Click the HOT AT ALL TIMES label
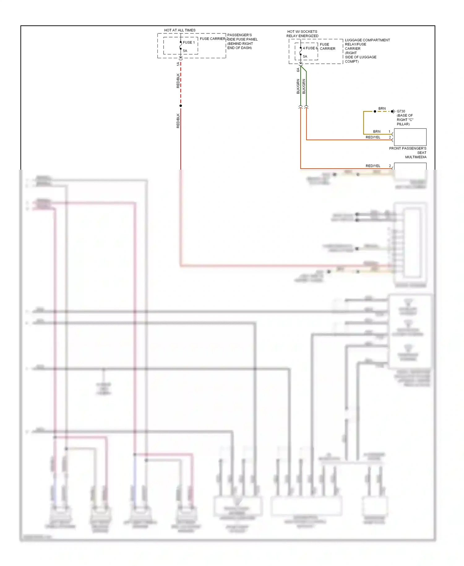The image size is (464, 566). (x=180, y=30)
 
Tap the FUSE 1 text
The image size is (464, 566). (x=189, y=42)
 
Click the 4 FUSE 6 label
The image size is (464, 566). (x=310, y=48)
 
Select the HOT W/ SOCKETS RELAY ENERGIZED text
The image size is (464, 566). (x=302, y=34)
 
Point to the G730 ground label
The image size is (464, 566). (x=401, y=111)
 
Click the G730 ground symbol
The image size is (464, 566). (x=393, y=111)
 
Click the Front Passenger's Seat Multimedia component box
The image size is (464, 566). (x=410, y=137)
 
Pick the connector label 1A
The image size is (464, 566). (x=178, y=64)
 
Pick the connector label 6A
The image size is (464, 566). (x=298, y=70)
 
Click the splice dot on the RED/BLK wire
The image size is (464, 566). (x=181, y=106)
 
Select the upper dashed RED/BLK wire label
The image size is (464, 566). (x=178, y=81)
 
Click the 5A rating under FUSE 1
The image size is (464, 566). (x=185, y=51)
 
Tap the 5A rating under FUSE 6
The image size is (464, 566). (x=305, y=56)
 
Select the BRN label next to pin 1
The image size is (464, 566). (x=376, y=132)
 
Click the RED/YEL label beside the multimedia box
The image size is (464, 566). (x=373, y=137)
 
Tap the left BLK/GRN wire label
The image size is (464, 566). (x=298, y=86)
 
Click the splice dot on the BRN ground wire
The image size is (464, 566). (x=375, y=111)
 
